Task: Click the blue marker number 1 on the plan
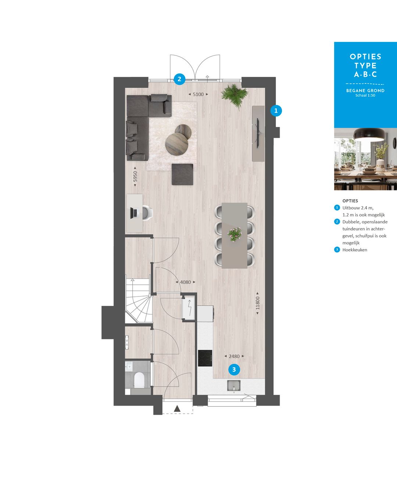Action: pos(276,110)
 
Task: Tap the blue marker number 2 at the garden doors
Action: pos(179,79)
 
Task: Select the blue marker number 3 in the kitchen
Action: pos(234,370)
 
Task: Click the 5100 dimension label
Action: pos(198,94)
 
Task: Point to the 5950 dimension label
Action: pos(135,177)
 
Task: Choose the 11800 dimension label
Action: pos(258,303)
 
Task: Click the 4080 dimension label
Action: pos(185,282)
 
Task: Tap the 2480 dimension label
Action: pos(234,356)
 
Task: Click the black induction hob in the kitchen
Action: pos(205,358)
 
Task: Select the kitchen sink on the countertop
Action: pos(233,386)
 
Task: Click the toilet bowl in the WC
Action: pos(139,380)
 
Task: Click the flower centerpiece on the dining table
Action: pos(235,234)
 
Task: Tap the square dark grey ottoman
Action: pos(182,174)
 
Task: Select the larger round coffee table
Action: pos(177,144)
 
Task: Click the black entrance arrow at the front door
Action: pos(177,408)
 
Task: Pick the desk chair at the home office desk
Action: pos(147,213)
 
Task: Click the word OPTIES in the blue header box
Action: pos(365,57)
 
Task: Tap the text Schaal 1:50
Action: pos(365,96)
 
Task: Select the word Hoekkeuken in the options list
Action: pos(355,250)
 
